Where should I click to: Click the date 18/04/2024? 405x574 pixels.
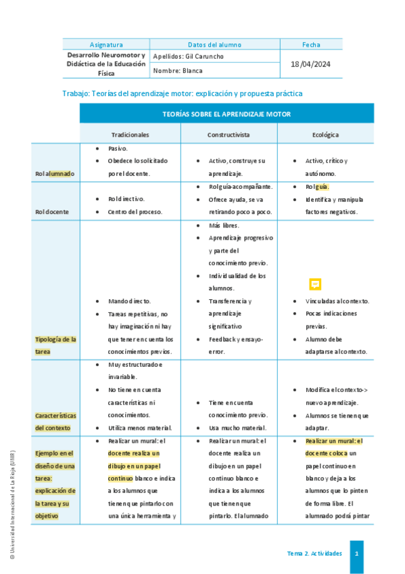tap(311, 64)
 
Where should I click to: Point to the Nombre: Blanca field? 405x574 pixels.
tap(178, 70)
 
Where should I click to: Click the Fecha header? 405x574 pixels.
tap(311, 45)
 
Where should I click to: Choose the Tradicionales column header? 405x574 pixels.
tap(130, 135)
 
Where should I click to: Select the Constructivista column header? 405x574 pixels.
tap(229, 135)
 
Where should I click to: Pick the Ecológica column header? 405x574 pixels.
tap(325, 135)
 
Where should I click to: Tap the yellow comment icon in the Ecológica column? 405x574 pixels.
tap(315, 284)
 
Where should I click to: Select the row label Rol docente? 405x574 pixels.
tap(52, 212)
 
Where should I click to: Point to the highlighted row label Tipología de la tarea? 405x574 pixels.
tap(55, 345)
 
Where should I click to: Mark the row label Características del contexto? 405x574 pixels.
tap(55, 421)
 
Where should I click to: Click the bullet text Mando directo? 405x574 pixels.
tap(129, 301)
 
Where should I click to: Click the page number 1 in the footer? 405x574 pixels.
tap(356, 554)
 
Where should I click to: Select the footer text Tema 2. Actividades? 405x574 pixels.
tap(314, 554)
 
